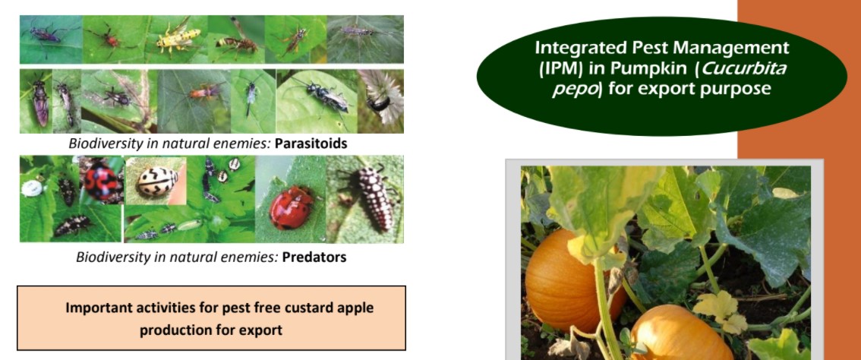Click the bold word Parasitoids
pyautogui.click(x=311, y=144)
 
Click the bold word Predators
pyautogui.click(x=314, y=257)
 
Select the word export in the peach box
pyautogui.click(x=260, y=331)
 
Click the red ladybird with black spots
pyautogui.click(x=101, y=180)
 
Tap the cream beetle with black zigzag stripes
pyautogui.click(x=156, y=181)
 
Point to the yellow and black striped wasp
pyautogui.click(x=178, y=39)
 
